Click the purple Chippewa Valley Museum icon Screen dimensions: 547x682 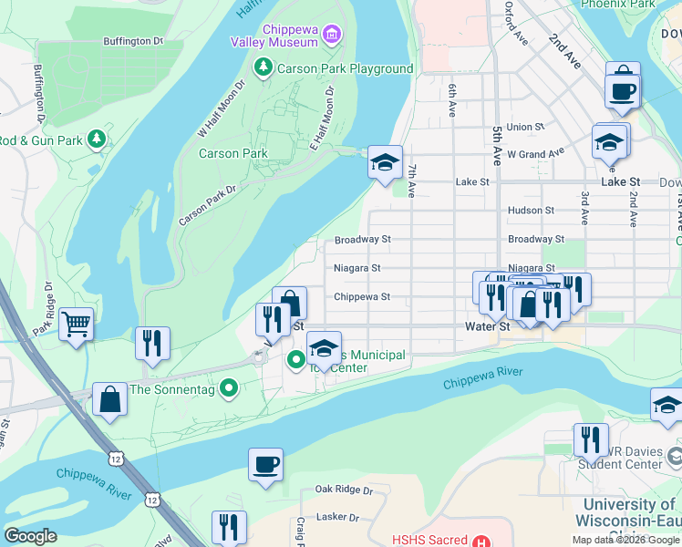(x=332, y=36)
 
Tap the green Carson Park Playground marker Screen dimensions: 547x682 (x=263, y=68)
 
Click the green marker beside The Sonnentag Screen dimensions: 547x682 (x=230, y=389)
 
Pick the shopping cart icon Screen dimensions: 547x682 (x=77, y=323)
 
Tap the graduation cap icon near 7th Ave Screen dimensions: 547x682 (x=386, y=163)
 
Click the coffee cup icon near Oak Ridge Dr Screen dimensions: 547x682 (x=266, y=464)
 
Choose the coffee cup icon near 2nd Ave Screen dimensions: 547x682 (x=622, y=91)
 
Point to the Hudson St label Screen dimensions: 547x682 (x=531, y=210)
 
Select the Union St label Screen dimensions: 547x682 (x=525, y=127)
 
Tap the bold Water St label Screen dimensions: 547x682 (x=487, y=326)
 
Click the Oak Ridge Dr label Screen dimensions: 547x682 (x=344, y=490)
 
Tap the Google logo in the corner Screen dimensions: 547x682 (x=30, y=536)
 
